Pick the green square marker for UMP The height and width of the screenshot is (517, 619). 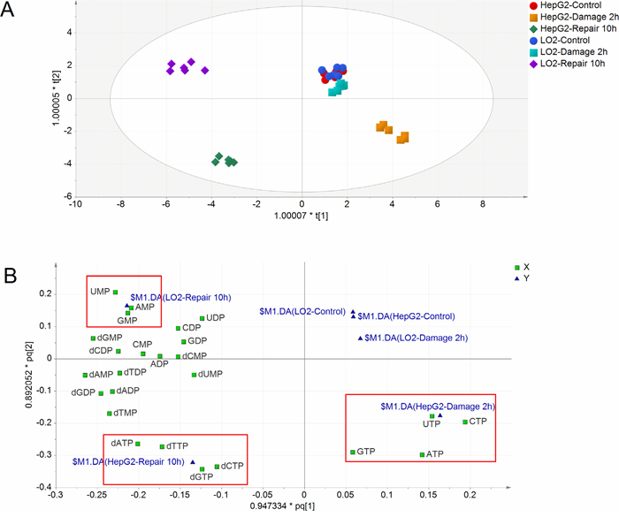click(116, 292)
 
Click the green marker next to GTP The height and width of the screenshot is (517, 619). click(353, 452)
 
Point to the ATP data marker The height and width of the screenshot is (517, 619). click(422, 454)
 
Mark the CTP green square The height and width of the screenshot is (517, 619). click(465, 422)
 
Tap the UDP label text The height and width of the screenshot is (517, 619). click(216, 318)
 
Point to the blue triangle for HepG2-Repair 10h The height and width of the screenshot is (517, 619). click(193, 461)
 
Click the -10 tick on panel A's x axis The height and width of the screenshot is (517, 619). click(75, 204)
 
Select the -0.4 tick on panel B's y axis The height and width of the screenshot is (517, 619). click(38, 487)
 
